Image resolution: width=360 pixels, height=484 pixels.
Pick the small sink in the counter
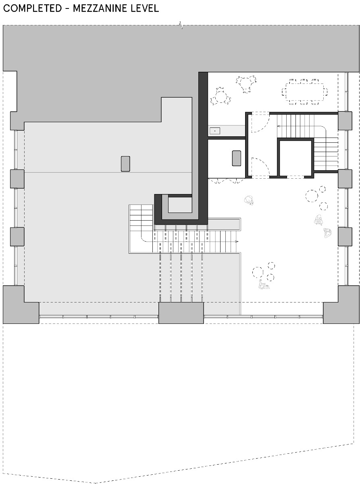[215, 131]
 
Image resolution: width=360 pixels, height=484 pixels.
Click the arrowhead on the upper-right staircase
[278, 126]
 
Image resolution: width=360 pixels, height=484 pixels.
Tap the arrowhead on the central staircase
[237, 241]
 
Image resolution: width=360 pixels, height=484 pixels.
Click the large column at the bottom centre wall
[181, 313]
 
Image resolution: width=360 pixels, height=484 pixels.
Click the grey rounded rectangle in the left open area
[125, 164]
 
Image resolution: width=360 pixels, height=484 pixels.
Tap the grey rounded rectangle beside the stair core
[236, 158]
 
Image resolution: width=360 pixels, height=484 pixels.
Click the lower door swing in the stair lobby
[258, 166]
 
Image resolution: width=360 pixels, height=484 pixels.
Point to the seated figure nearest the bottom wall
[264, 285]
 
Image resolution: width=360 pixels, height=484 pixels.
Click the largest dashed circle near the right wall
[312, 196]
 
